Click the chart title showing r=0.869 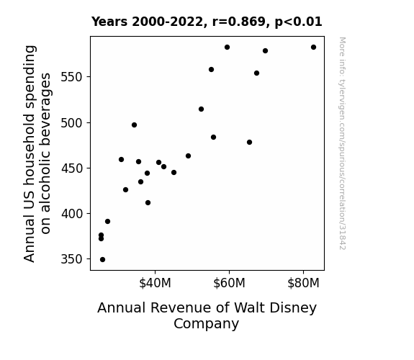coord(207,22)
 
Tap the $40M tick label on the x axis coord(155,283)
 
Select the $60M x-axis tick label coord(229,283)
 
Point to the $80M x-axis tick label coord(303,283)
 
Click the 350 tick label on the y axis coord(71,259)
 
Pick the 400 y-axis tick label coord(71,213)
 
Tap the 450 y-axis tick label coord(71,168)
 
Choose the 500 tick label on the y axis coord(71,123)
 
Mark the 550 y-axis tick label coord(71,77)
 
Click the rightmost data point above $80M coord(313,48)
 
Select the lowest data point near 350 coord(102,260)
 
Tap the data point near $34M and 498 coord(134,125)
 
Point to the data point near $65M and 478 coord(249,143)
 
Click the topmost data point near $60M coord(227,48)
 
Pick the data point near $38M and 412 coord(148,203)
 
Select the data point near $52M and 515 coord(201,109)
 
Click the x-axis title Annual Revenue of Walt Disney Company coord(207,315)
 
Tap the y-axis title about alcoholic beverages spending coord(37,153)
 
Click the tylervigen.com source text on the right coord(342,143)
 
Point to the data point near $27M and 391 coord(107,222)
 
